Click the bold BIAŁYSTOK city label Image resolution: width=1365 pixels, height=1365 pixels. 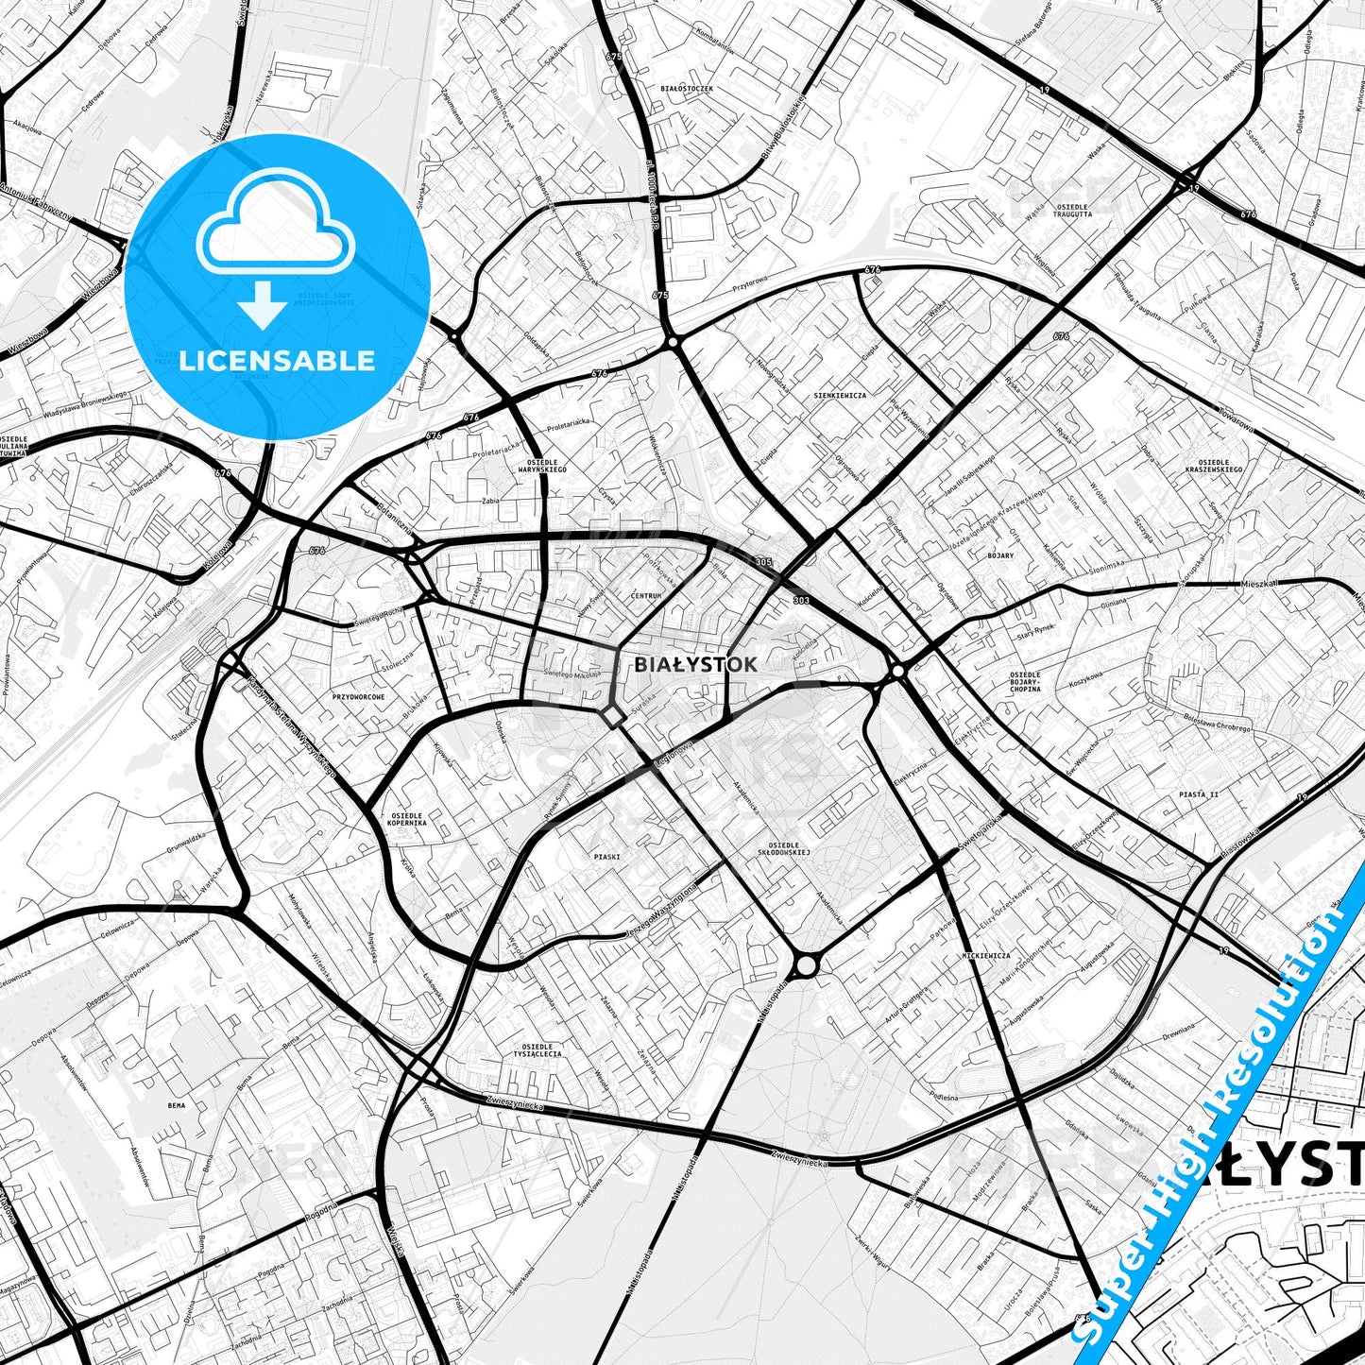click(695, 664)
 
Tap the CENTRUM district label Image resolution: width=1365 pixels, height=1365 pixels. click(646, 596)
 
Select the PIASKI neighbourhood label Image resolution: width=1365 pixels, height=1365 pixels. click(606, 857)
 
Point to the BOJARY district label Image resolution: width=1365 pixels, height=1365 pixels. click(999, 555)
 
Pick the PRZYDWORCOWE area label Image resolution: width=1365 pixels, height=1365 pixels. click(358, 696)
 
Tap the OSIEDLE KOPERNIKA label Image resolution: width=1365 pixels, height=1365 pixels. click(406, 818)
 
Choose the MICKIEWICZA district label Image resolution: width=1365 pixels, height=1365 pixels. click(986, 956)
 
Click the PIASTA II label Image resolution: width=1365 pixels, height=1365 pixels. click(1198, 794)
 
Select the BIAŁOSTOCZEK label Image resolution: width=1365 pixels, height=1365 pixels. click(687, 88)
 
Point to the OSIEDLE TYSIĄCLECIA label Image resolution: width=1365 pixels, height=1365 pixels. click(537, 1049)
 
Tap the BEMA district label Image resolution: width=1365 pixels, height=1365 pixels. click(176, 1104)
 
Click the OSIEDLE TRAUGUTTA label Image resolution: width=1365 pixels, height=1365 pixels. click(1073, 211)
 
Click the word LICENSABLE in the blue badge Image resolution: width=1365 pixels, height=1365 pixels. click(277, 361)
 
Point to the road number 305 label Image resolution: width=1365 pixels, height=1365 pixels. click(763, 562)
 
